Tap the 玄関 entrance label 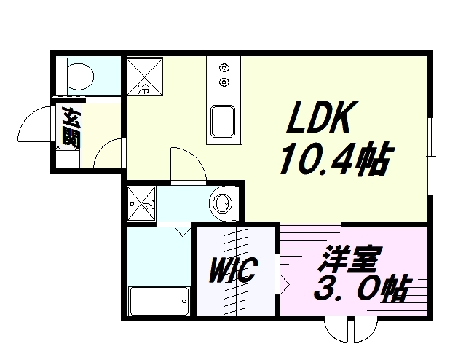tap(70, 128)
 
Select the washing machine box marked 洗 tap(141, 203)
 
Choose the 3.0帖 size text tap(360, 291)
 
